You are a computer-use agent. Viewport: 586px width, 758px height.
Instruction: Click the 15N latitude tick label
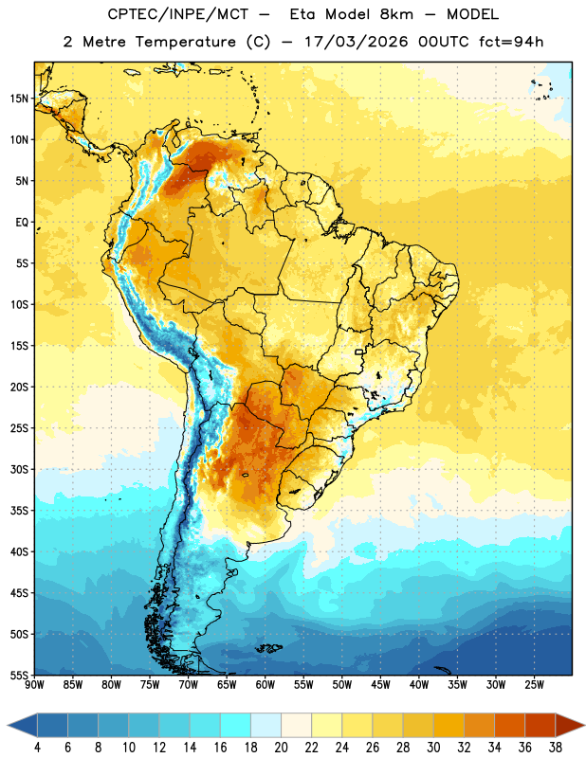point(19,99)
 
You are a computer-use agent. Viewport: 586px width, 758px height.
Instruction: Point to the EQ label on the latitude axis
point(22,223)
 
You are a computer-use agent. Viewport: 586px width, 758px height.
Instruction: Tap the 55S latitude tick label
point(19,676)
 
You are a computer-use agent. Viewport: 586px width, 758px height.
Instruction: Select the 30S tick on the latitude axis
point(19,469)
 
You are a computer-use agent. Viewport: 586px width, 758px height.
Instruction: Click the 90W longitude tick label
point(34,685)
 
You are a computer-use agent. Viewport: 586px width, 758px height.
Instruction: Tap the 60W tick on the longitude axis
point(266,685)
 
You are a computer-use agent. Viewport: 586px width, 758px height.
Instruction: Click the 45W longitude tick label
point(380,685)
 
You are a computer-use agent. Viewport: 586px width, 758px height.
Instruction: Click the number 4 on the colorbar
point(37,748)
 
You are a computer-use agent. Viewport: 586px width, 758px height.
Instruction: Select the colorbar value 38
point(556,748)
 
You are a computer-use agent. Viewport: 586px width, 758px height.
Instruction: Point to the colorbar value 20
point(281,748)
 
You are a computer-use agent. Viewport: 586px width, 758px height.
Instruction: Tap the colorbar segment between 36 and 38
point(540,725)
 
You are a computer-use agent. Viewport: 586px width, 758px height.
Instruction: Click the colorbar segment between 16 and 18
point(236,725)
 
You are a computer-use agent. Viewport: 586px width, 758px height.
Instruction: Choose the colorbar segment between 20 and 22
point(297,725)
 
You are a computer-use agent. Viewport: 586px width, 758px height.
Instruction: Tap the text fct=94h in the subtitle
point(511,42)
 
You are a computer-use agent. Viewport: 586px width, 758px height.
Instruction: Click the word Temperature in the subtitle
point(185,42)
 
